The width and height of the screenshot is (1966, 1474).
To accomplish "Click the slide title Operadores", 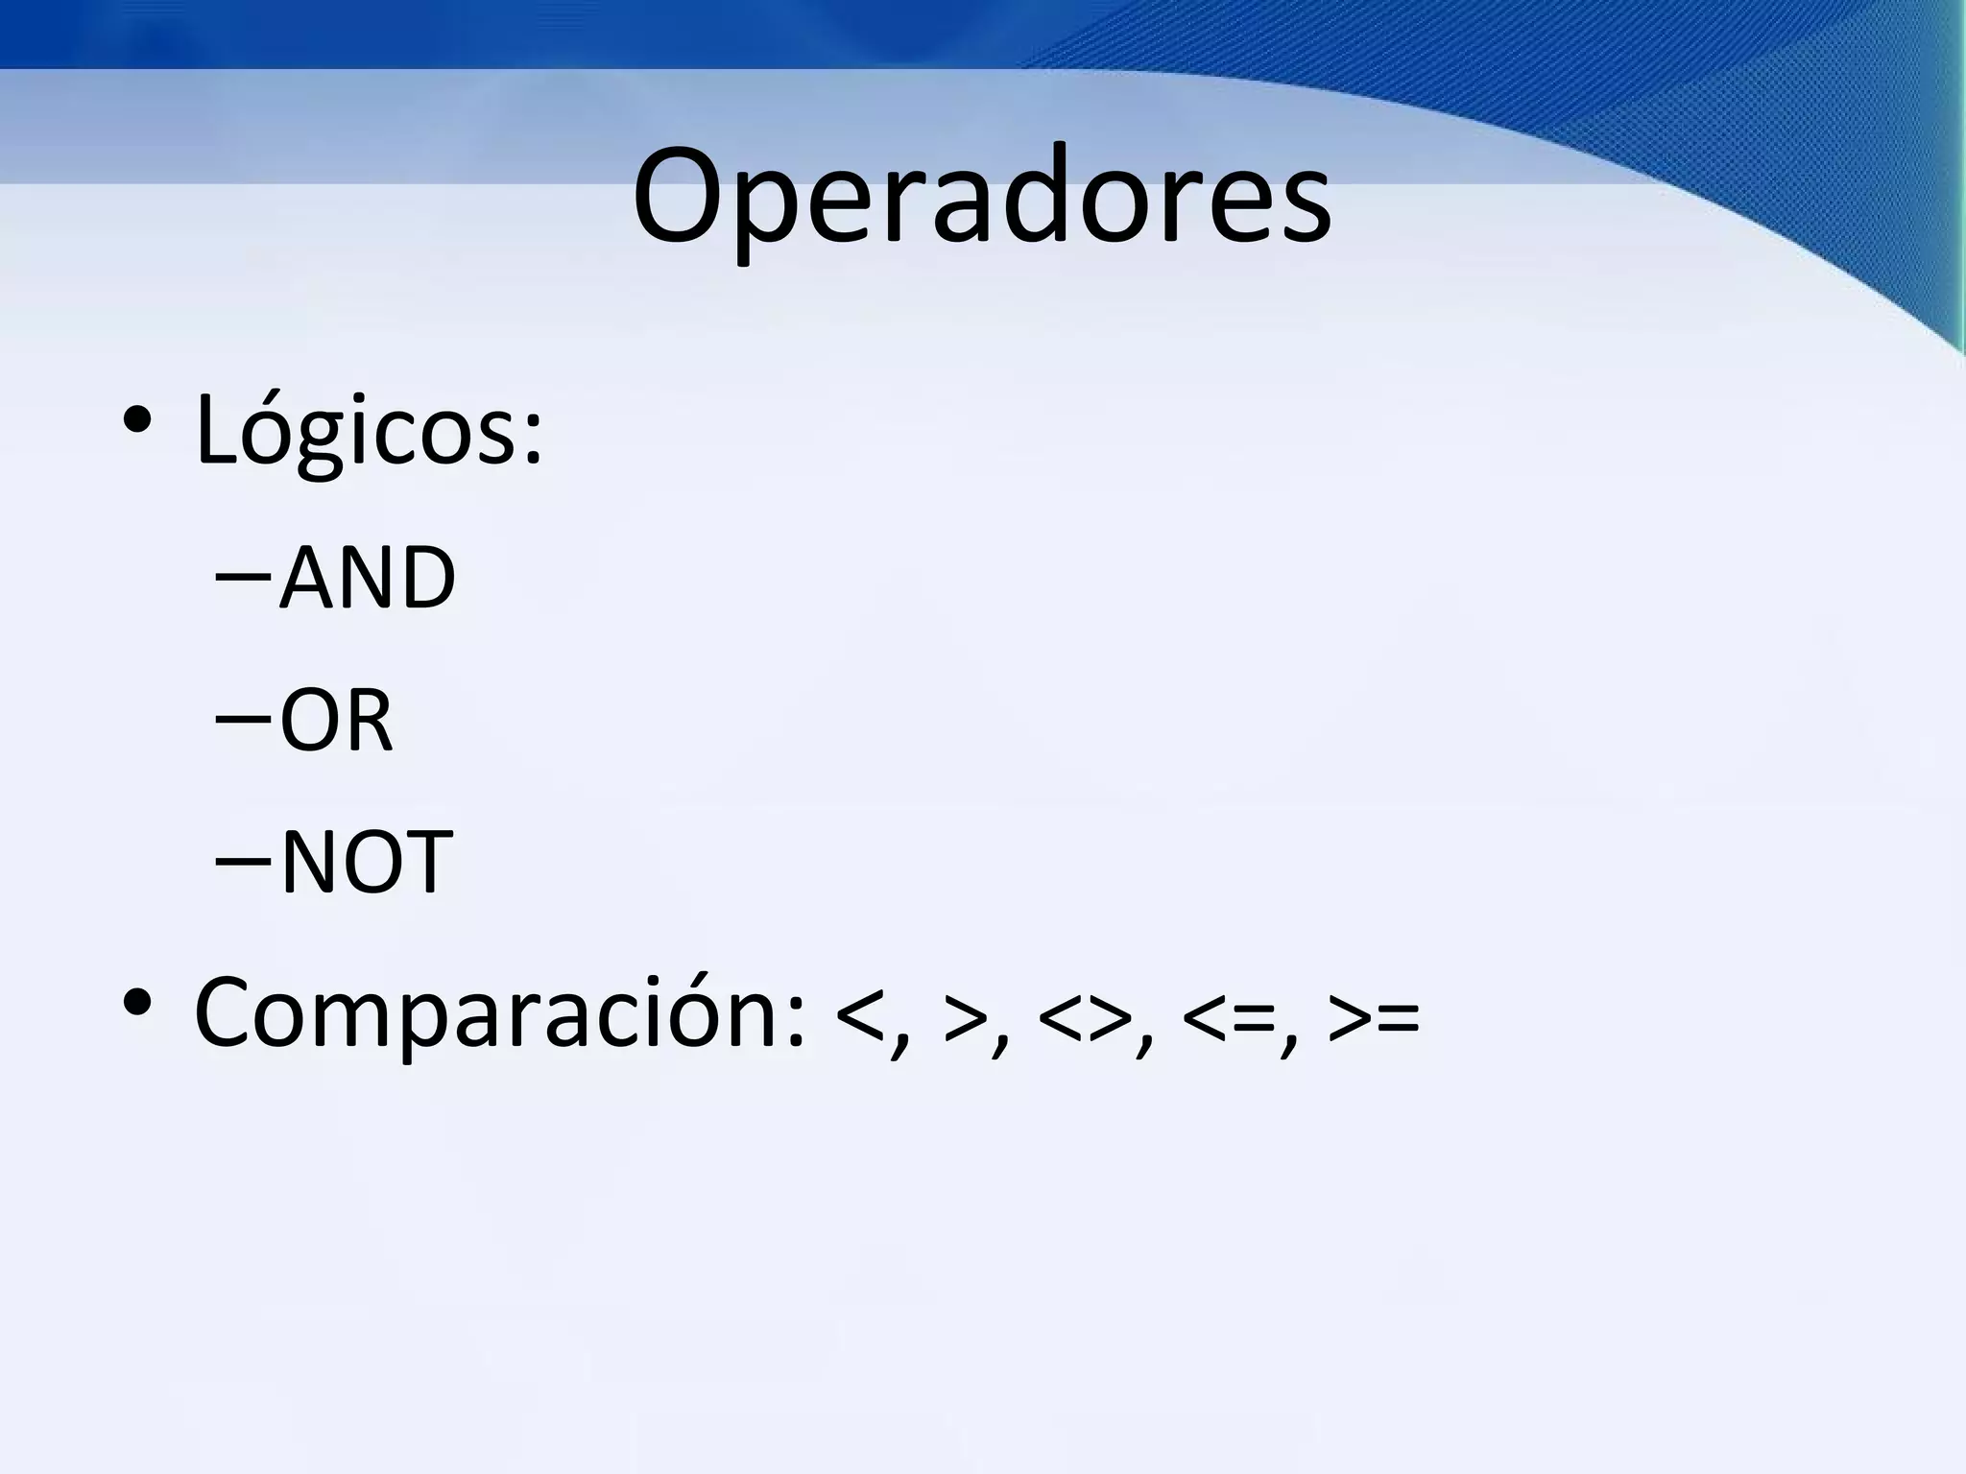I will click(981, 197).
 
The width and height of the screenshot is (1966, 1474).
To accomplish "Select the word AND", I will click(367, 578).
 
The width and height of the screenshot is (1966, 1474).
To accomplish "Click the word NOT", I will click(366, 862).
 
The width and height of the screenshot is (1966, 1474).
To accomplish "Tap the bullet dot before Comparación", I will click(136, 1003).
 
